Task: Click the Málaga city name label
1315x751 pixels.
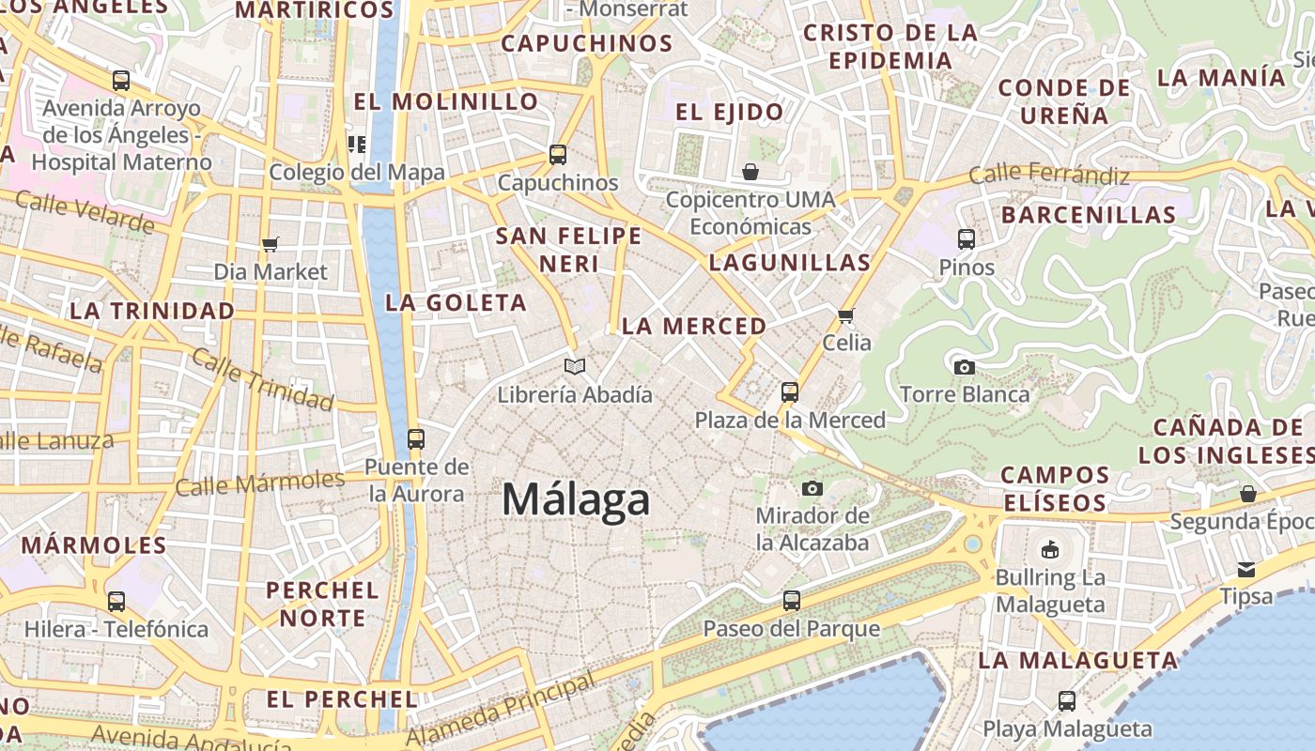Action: pyautogui.click(x=575, y=498)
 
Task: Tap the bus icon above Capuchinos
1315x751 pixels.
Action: pyautogui.click(x=558, y=155)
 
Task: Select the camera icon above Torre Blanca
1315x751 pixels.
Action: pyautogui.click(x=964, y=367)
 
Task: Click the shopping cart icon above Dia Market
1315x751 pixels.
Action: pyautogui.click(x=271, y=245)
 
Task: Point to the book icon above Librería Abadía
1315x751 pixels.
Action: pyautogui.click(x=574, y=366)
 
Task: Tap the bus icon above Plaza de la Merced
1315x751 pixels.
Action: pyautogui.click(x=790, y=392)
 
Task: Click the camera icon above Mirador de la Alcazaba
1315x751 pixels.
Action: pyautogui.click(x=812, y=488)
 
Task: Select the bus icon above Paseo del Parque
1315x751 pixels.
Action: pyautogui.click(x=792, y=601)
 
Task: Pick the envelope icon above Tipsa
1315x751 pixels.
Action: pyautogui.click(x=1245, y=569)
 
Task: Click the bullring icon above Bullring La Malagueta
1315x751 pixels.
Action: pyautogui.click(x=1050, y=549)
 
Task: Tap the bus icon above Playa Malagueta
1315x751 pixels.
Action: pyautogui.click(x=1067, y=700)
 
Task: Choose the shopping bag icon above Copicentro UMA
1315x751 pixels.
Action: pyautogui.click(x=750, y=172)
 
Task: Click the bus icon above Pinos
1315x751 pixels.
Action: pyautogui.click(x=967, y=239)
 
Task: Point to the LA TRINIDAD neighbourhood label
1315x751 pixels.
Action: pyautogui.click(x=152, y=311)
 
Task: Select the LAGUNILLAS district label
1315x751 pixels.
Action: pyautogui.click(x=790, y=262)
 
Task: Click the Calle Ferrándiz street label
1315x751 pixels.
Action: pyautogui.click(x=1048, y=175)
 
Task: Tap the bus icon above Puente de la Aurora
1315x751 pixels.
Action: pyautogui.click(x=415, y=439)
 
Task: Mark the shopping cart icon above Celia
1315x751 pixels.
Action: pyautogui.click(x=845, y=315)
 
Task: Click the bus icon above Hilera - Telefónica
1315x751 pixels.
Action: pyautogui.click(x=116, y=602)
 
